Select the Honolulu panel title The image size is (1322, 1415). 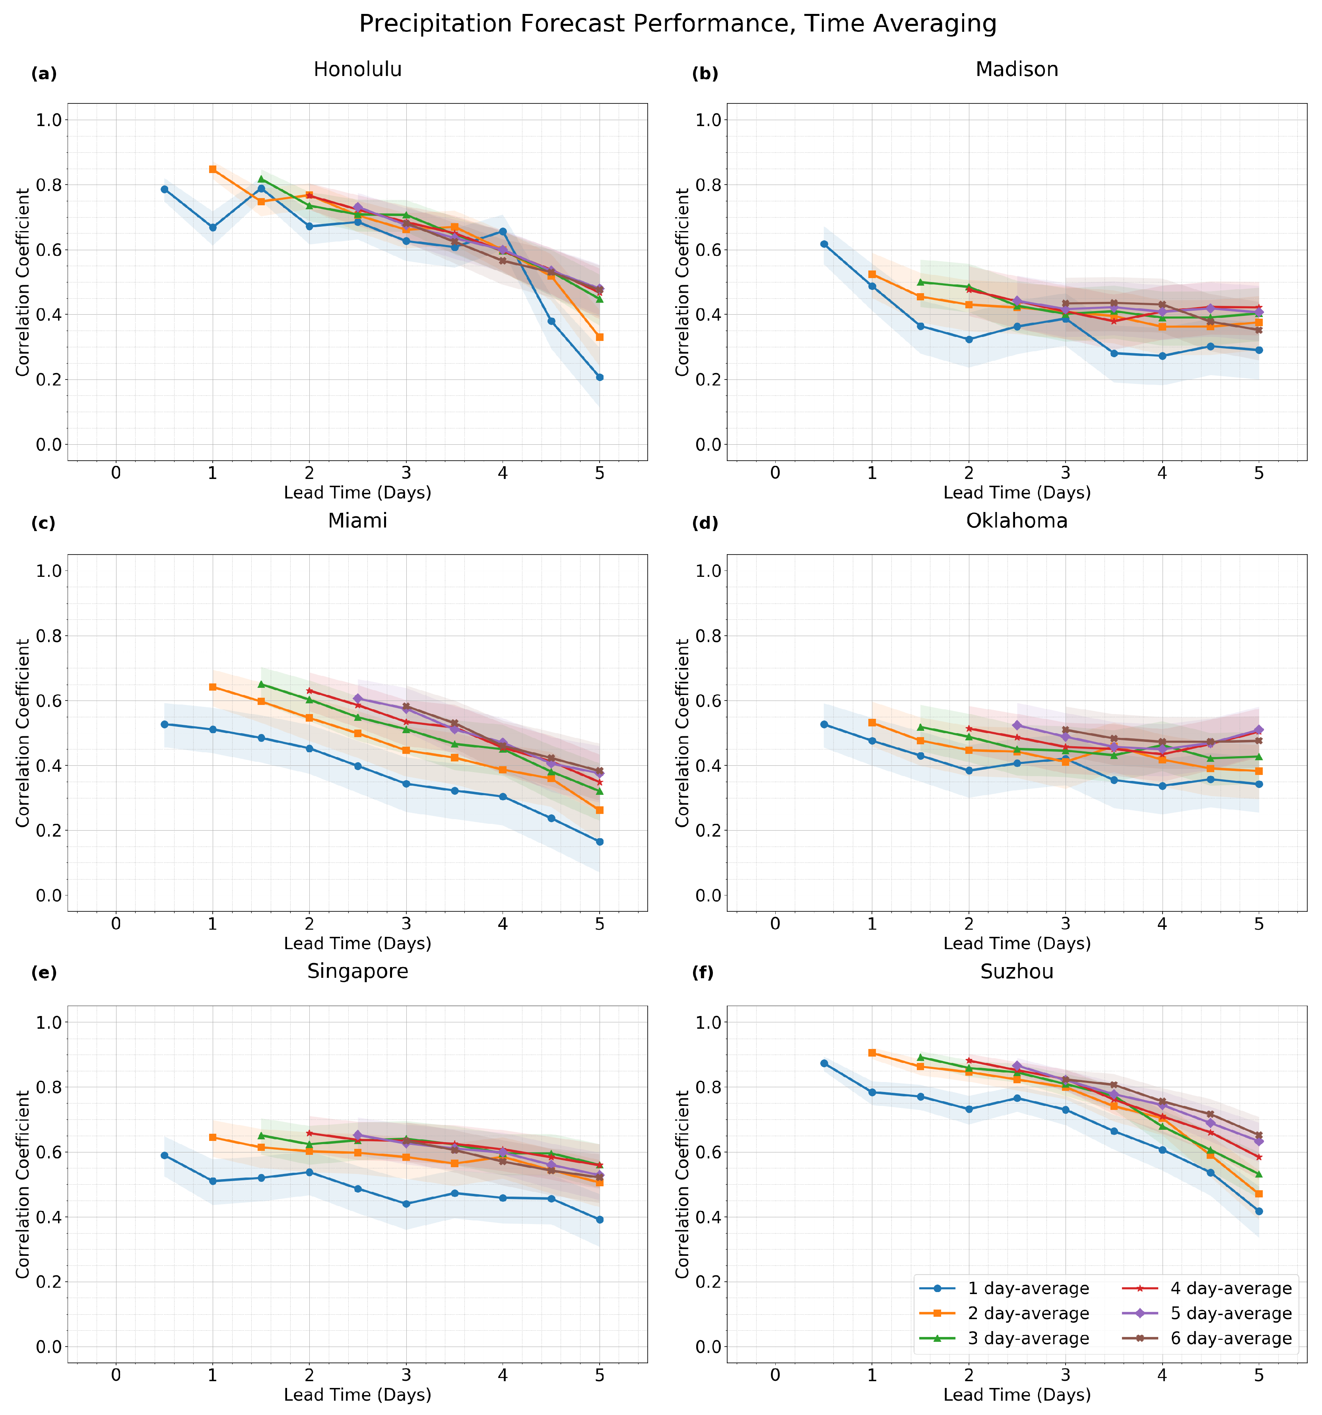357,70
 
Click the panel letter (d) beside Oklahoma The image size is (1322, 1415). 705,524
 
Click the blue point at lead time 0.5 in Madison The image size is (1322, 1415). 824,244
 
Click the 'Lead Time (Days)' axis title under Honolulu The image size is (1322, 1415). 357,492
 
